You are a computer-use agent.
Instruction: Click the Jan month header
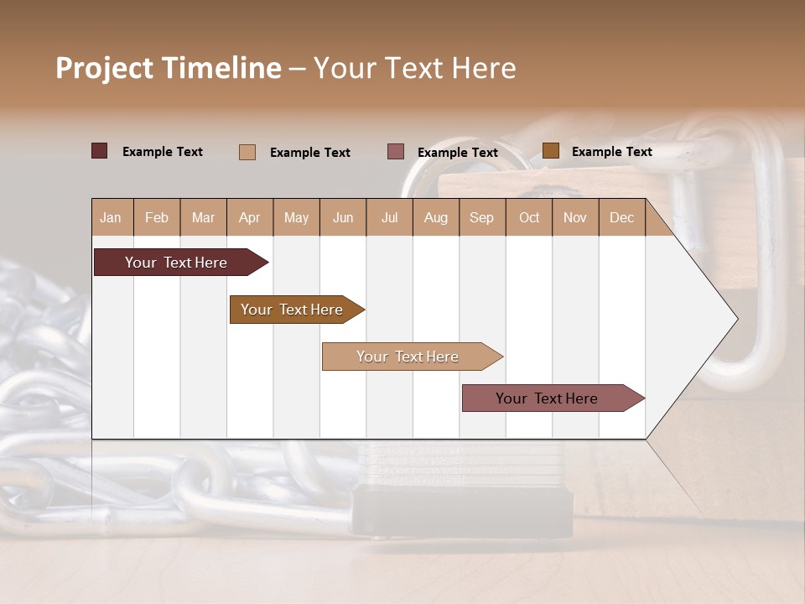point(112,217)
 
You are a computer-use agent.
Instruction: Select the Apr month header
point(250,217)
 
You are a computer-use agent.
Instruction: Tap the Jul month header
point(389,217)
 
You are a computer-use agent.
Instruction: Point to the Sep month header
point(482,217)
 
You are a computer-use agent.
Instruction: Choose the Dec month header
point(621,217)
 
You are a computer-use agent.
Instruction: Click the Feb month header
point(157,217)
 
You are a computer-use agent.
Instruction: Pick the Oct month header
point(529,217)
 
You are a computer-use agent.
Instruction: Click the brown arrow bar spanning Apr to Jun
point(293,310)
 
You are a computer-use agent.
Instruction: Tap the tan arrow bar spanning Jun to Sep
point(408,357)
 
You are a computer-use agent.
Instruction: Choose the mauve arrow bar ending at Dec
point(548,398)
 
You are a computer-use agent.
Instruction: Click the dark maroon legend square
point(100,151)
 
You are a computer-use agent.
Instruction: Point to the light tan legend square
point(247,152)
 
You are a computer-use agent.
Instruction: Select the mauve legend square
point(396,151)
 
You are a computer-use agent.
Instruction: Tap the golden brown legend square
point(550,151)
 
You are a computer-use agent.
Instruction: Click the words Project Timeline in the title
point(169,68)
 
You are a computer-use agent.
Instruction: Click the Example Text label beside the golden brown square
point(611,152)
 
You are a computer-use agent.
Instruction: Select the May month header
point(296,217)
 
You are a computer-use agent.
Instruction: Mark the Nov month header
point(575,217)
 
